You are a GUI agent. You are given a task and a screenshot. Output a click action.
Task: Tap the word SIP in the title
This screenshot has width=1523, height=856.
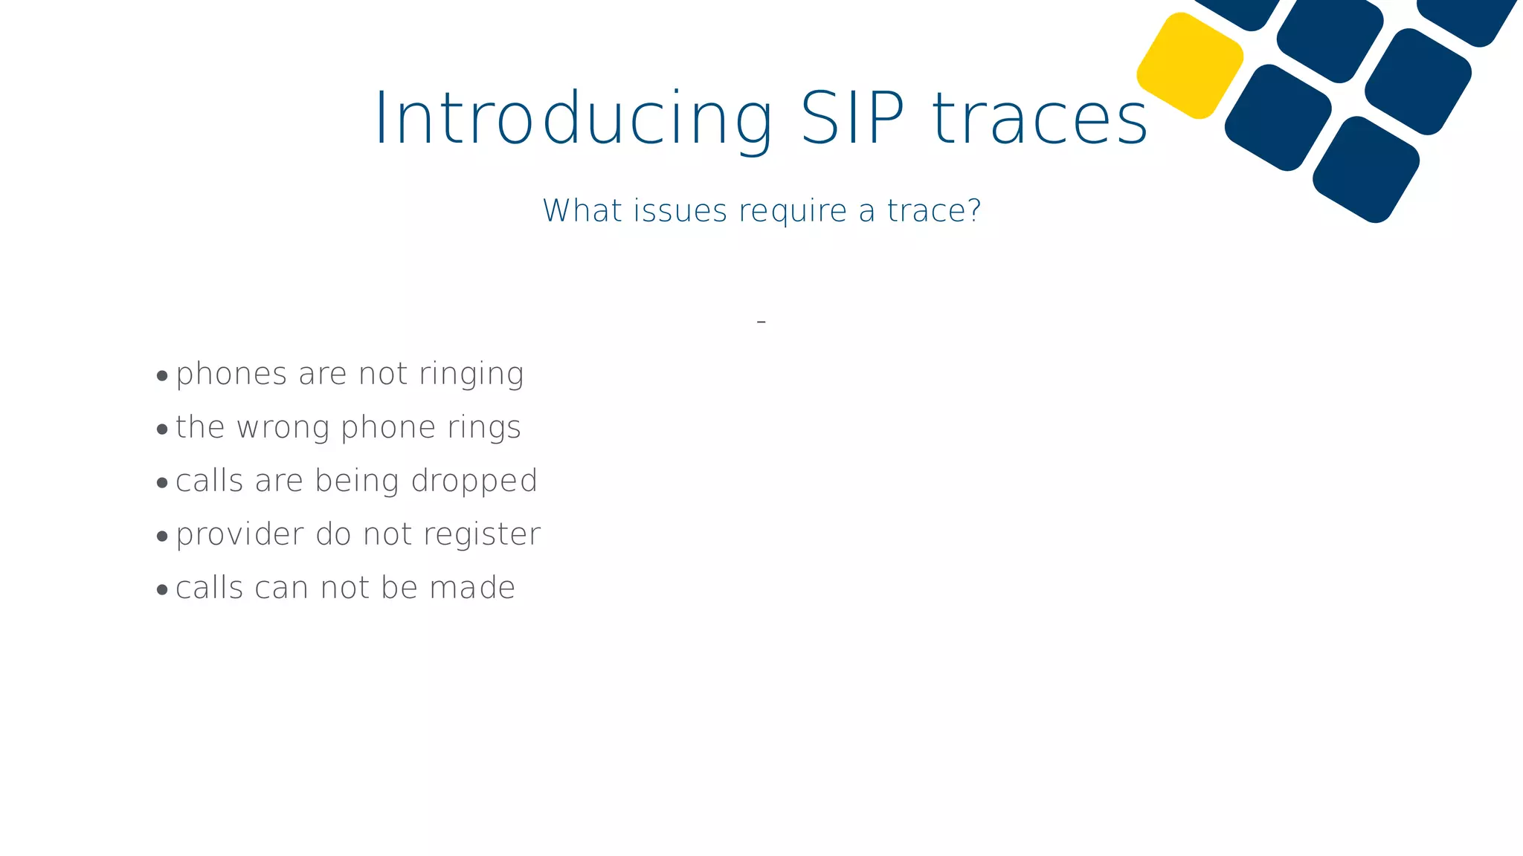(852, 119)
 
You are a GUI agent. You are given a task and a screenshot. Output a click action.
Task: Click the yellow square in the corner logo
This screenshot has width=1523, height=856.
(1190, 65)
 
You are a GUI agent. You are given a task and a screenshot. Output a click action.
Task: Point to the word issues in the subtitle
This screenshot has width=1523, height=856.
(680, 211)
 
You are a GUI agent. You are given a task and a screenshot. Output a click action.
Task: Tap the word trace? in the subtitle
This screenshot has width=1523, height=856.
(934, 211)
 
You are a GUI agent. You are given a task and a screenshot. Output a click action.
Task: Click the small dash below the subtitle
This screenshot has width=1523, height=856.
(761, 322)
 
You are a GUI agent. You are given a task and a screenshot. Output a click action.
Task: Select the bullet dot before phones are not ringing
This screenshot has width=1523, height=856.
(162, 376)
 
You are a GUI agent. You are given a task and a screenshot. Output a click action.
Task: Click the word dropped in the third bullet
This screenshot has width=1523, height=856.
(474, 481)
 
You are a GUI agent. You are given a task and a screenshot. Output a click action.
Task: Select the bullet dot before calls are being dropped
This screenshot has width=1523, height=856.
(162, 483)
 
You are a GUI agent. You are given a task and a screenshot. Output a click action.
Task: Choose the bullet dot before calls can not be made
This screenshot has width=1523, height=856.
(162, 590)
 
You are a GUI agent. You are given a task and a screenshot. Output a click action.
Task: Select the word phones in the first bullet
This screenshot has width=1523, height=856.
(231, 374)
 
